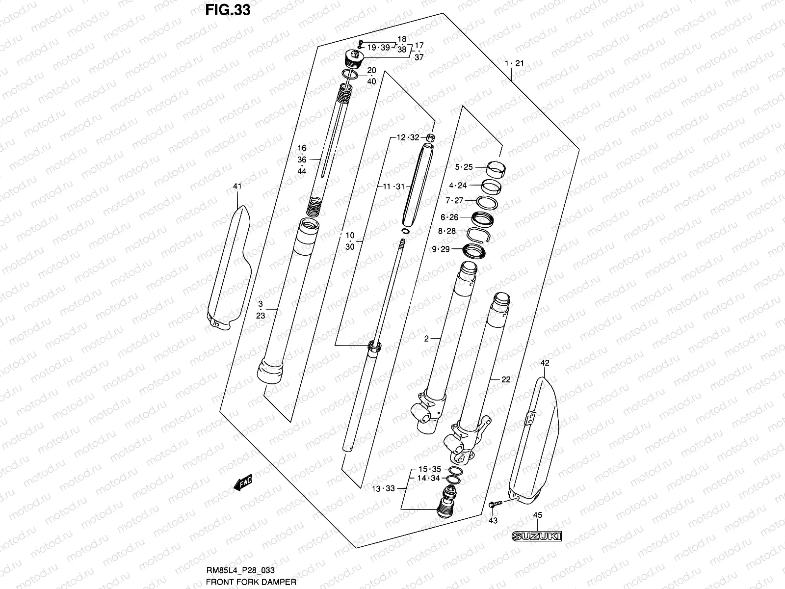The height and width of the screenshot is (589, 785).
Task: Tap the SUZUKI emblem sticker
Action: click(x=536, y=536)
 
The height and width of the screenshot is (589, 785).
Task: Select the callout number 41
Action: click(x=237, y=186)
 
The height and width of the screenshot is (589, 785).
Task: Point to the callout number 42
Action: click(x=545, y=363)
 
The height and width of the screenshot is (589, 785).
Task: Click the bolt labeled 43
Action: click(x=494, y=504)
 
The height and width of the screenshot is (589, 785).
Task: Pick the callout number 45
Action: click(x=537, y=515)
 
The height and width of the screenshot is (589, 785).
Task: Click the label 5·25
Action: click(x=463, y=167)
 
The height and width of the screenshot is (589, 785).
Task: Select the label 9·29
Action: click(x=440, y=249)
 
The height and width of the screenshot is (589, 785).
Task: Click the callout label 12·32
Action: click(x=408, y=137)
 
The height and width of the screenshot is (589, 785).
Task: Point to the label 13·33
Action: click(x=383, y=488)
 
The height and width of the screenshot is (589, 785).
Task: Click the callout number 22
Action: click(x=506, y=379)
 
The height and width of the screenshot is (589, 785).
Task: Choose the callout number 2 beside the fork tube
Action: click(x=426, y=339)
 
